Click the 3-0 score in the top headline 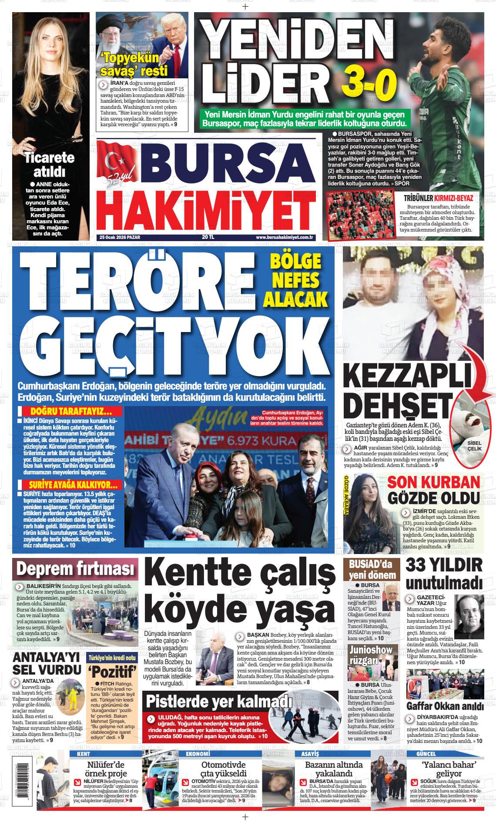(x=369, y=83)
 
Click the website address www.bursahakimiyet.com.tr (x=285, y=237)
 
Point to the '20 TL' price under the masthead (x=208, y=237)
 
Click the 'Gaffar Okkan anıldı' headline (x=445, y=705)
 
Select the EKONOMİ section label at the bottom (x=198, y=753)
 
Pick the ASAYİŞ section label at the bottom (x=307, y=753)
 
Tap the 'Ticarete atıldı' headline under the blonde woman (x=49, y=164)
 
